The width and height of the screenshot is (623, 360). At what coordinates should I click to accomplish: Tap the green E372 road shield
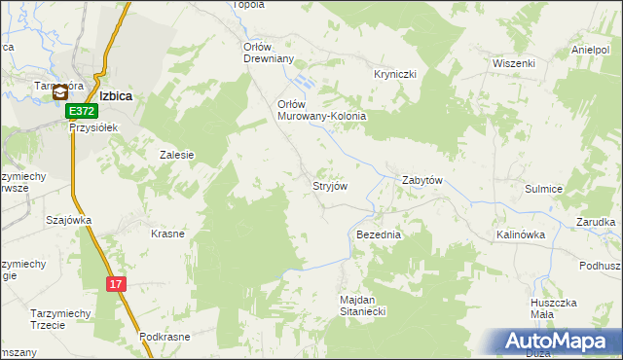(x=82, y=113)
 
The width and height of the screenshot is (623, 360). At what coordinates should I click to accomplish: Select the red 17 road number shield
(x=116, y=284)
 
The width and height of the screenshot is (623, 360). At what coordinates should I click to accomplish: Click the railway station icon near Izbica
(x=61, y=94)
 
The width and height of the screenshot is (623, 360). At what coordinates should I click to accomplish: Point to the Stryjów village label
(x=329, y=185)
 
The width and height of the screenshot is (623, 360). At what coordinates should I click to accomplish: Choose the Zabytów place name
(x=422, y=181)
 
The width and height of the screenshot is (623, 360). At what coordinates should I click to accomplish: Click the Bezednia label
(x=379, y=235)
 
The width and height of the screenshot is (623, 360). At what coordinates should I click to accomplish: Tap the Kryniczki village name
(x=395, y=74)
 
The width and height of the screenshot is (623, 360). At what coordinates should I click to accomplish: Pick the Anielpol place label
(x=590, y=50)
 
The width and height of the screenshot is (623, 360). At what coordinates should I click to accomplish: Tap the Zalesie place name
(x=177, y=155)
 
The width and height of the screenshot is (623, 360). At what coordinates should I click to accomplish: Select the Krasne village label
(x=167, y=234)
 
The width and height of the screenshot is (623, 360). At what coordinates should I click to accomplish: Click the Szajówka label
(x=68, y=220)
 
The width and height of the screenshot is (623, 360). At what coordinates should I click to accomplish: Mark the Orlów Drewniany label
(x=268, y=52)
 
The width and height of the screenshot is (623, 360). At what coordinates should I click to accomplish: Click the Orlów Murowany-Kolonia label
(x=321, y=110)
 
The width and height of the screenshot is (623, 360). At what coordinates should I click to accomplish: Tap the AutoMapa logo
(x=562, y=342)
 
